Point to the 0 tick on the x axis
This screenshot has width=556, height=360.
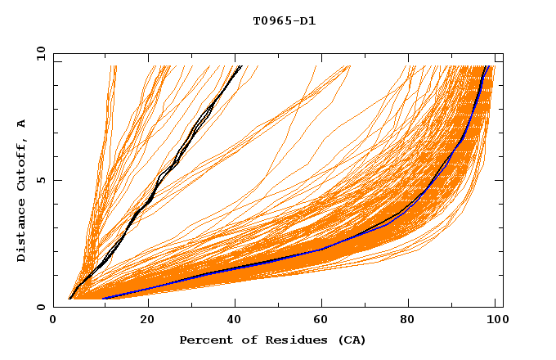point(53,322)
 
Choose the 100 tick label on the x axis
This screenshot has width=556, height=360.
point(495,322)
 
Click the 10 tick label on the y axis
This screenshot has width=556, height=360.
point(40,53)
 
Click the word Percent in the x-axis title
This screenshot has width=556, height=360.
point(204,340)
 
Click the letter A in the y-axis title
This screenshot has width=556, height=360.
point(21,124)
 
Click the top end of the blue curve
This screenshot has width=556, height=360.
point(487,66)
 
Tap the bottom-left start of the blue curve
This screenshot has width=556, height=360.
point(103,299)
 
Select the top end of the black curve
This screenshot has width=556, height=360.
point(240,66)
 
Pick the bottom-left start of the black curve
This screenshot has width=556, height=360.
point(70,299)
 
